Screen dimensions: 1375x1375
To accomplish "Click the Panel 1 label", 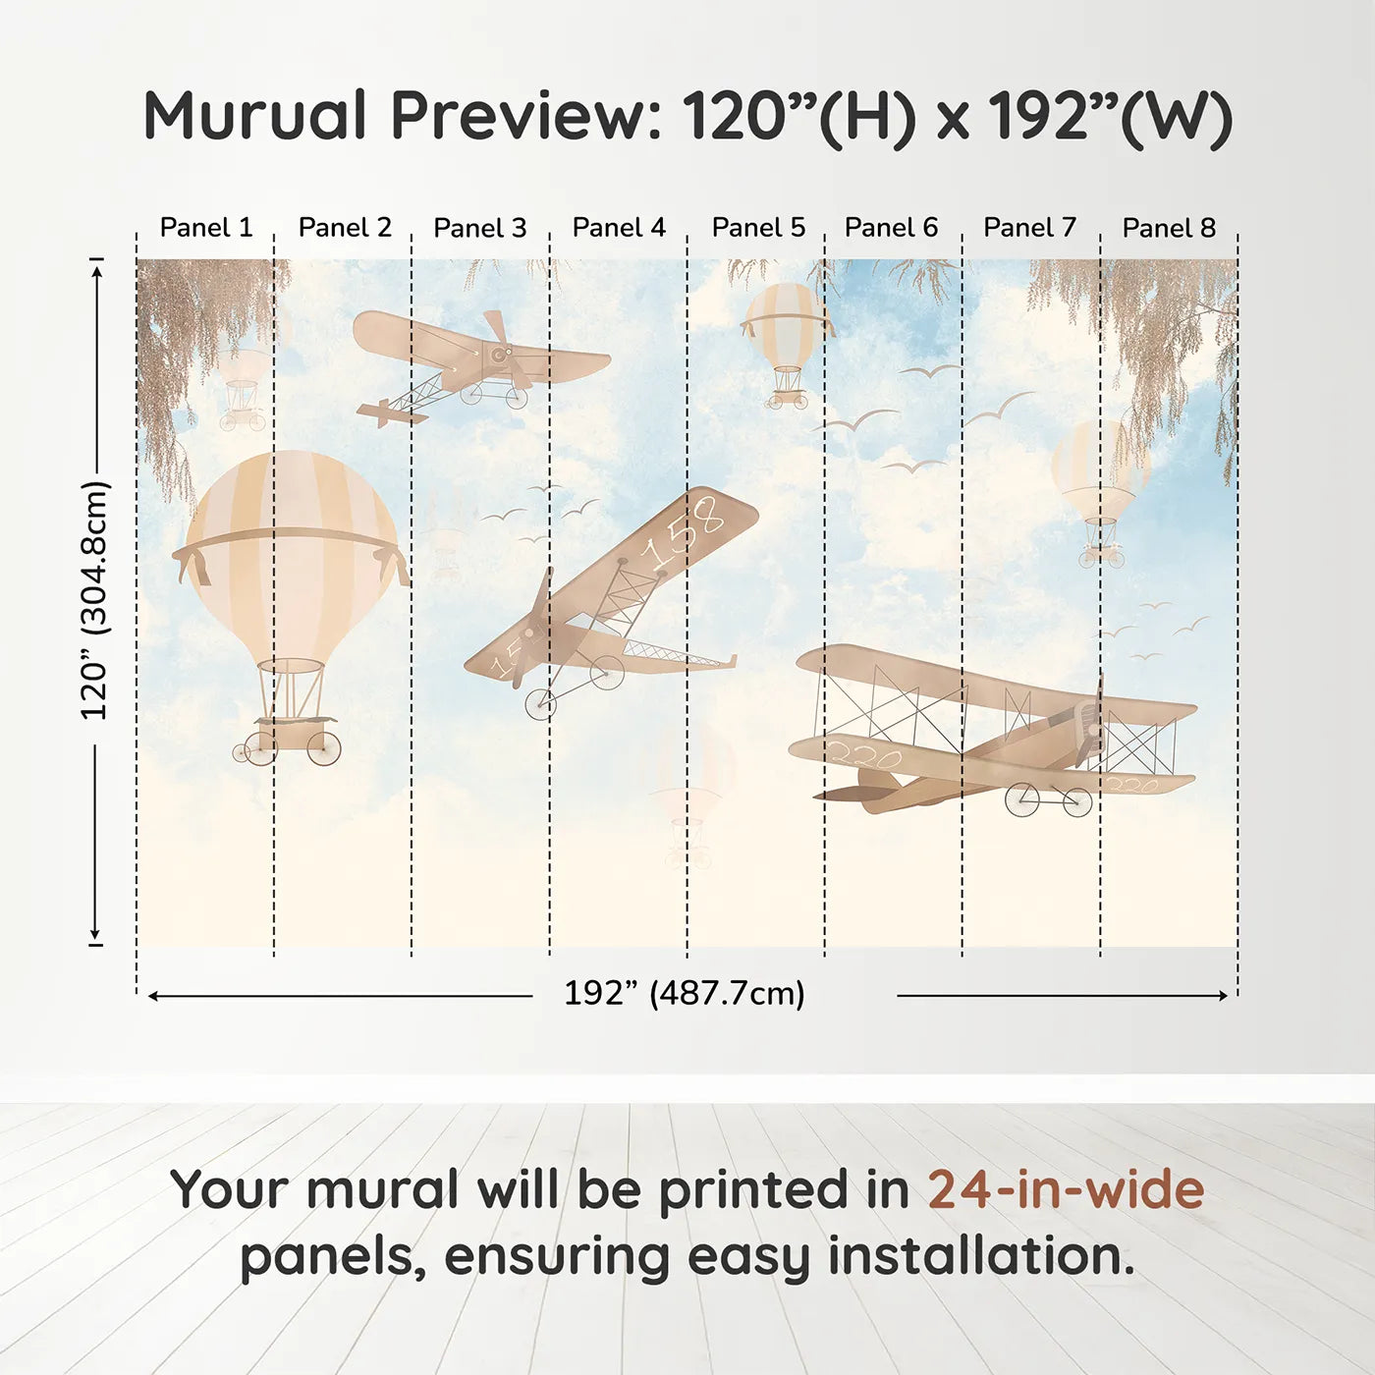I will point(206,228).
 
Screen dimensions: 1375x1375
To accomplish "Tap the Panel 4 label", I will point(619,228).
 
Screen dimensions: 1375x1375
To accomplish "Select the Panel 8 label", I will point(1169,228).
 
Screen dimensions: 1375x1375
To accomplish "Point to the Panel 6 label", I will point(891,228).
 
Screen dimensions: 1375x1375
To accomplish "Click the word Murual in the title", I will point(255,116).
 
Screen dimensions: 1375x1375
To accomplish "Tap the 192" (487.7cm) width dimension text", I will point(685,993).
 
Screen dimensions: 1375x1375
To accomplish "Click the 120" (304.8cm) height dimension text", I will point(95,600).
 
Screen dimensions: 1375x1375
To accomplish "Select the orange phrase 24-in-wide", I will point(1066,1189).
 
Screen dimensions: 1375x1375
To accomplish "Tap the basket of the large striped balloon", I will point(291,732).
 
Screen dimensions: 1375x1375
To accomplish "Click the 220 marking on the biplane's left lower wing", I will point(864,757).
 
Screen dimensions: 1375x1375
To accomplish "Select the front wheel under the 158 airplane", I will point(540,703).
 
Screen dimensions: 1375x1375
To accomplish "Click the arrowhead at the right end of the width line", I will point(1223,995).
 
